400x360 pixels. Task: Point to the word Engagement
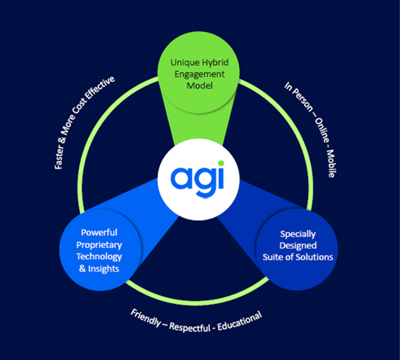pyautogui.click(x=200, y=74)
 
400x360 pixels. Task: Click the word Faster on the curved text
pyautogui.click(x=61, y=152)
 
